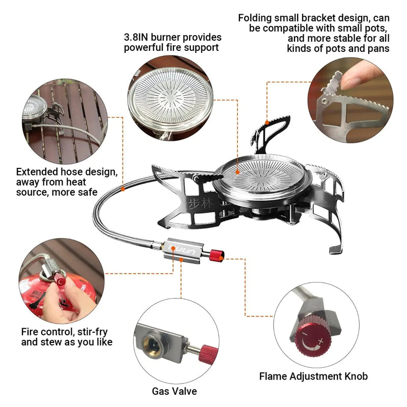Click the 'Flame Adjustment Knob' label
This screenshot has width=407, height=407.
(x=313, y=376)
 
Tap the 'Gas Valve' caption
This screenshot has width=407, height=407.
(x=174, y=391)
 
